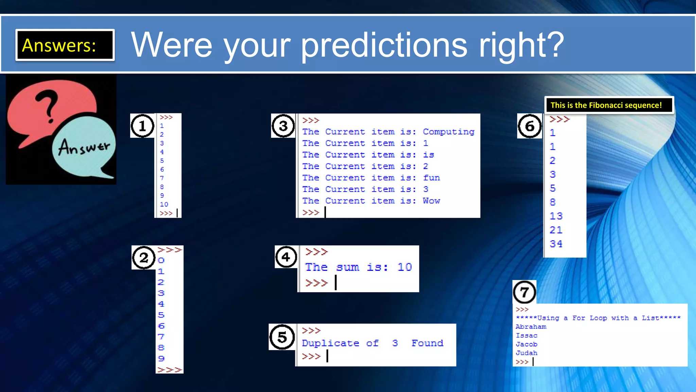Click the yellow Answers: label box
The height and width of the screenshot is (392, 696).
click(65, 45)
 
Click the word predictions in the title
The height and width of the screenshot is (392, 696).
click(384, 45)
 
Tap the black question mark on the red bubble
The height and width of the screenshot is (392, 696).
click(48, 105)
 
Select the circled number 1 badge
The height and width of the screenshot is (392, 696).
click(142, 126)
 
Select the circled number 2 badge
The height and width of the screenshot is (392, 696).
click(144, 258)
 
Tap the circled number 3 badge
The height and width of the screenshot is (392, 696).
click(283, 126)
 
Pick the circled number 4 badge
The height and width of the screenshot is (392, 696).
click(286, 257)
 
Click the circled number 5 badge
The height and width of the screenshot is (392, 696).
click(282, 337)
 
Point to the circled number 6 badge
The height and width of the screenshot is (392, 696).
click(529, 126)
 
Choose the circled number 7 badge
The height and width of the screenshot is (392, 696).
click(524, 292)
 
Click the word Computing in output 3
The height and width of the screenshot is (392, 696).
click(449, 132)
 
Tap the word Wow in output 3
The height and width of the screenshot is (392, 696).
click(431, 201)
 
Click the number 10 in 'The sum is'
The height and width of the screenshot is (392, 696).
click(404, 267)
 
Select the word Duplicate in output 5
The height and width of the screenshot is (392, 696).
click(330, 343)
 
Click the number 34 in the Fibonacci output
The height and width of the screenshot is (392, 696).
click(556, 244)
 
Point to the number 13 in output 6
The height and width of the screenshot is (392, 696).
click(556, 216)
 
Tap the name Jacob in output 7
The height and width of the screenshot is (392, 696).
click(526, 344)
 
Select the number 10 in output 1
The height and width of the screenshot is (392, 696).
click(164, 204)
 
